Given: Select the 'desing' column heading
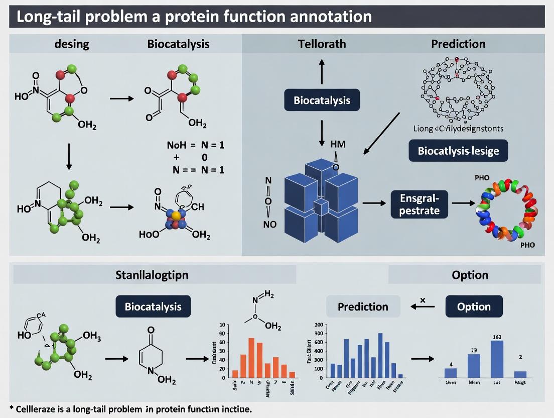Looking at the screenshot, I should click(72, 44).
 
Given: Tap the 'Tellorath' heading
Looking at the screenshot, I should click(322, 44).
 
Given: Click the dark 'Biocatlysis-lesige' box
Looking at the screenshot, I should click(458, 150).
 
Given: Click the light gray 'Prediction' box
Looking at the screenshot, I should click(363, 306).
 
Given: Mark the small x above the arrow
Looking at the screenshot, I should click(422, 300).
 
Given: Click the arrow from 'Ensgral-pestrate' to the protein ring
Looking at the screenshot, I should click(463, 203).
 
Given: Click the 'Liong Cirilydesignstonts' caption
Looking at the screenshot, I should click(458, 129).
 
